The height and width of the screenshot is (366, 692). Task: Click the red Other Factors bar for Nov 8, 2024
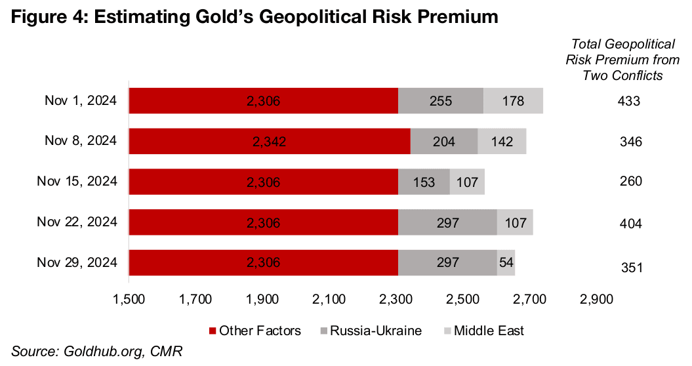[x=269, y=141]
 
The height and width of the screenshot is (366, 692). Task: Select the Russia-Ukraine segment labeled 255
[x=441, y=101]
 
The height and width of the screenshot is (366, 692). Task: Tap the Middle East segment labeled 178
[x=513, y=101]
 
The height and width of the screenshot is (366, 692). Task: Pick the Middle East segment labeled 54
[x=506, y=262]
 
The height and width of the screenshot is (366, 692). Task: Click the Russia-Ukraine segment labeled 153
[x=424, y=182]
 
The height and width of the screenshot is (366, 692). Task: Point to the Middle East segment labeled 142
[x=502, y=141]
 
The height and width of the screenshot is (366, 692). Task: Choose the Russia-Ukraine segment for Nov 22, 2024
[x=447, y=222]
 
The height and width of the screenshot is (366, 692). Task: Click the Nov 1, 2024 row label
[x=80, y=100]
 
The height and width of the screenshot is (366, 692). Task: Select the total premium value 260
[x=630, y=182]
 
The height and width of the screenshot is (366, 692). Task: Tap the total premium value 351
[x=630, y=267]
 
